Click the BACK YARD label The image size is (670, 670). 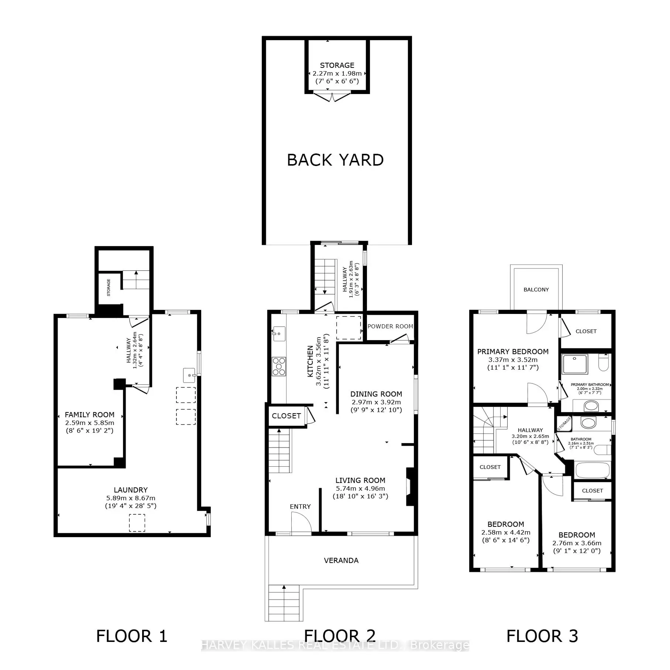click(335, 160)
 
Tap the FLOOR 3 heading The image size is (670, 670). click(542, 636)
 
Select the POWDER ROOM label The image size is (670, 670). click(390, 327)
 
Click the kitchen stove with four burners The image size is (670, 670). click(279, 366)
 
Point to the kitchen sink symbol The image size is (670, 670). click(279, 334)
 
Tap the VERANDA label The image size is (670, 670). click(341, 560)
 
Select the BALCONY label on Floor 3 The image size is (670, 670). click(536, 290)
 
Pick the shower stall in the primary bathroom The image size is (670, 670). click(575, 365)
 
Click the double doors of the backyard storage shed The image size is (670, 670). click(331, 97)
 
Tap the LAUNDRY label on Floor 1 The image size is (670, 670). click(131, 490)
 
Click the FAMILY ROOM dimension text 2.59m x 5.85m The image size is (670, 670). click(90, 423)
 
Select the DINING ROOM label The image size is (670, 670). click(376, 394)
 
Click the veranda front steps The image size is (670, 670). click(284, 604)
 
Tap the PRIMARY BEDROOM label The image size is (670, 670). click(513, 352)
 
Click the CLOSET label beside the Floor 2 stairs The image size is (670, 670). click(286, 416)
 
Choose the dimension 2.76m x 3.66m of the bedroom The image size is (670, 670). click(577, 543)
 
